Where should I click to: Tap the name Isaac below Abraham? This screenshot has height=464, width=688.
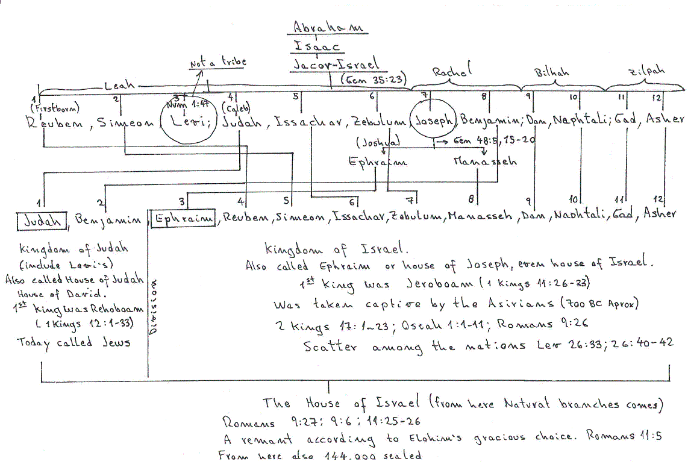(x=317, y=46)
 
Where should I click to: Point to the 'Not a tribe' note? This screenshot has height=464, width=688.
(x=217, y=62)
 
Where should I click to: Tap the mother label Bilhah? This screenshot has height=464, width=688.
(x=552, y=73)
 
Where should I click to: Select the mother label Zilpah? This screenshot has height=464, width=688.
(x=646, y=71)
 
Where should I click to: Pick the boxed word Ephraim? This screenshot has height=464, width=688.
(x=184, y=219)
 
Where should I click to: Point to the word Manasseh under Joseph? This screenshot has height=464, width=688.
(x=485, y=161)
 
